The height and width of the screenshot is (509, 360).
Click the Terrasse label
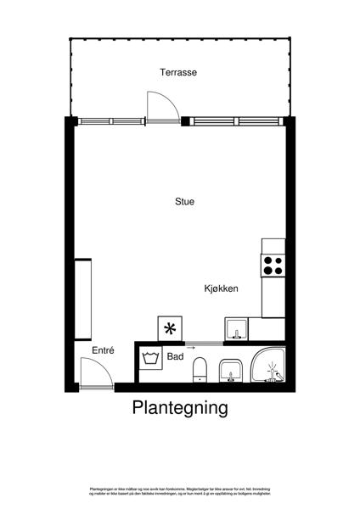click(178, 73)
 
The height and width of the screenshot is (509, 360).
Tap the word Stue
click(184, 202)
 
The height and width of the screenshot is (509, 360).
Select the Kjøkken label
click(221, 288)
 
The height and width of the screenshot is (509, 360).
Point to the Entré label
click(103, 350)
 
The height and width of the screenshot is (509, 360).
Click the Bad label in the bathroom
click(176, 357)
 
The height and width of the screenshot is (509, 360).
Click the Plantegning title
click(180, 408)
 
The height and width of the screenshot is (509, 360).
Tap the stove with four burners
click(273, 266)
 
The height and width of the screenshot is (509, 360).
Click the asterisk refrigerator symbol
click(171, 329)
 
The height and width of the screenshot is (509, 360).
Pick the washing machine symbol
click(152, 357)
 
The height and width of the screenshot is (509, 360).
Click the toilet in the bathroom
click(200, 370)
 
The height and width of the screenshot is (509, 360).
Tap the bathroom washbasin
click(230, 370)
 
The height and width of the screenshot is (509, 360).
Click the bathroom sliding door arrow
click(190, 346)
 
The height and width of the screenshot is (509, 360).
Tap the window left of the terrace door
click(110, 120)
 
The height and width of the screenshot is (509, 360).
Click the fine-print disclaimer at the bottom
click(180, 491)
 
